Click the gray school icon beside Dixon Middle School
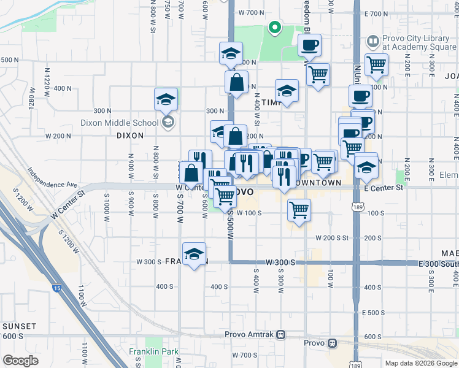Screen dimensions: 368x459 168,122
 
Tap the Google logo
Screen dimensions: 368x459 20,360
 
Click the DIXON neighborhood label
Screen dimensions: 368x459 129,136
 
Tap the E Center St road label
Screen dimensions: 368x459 384,188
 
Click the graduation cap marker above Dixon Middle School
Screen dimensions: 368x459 164,99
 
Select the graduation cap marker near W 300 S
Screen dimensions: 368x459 195,254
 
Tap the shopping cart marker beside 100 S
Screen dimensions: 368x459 299,210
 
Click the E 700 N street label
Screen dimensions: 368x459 376,13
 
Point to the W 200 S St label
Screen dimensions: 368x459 332,237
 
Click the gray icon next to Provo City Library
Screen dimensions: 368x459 372,42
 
